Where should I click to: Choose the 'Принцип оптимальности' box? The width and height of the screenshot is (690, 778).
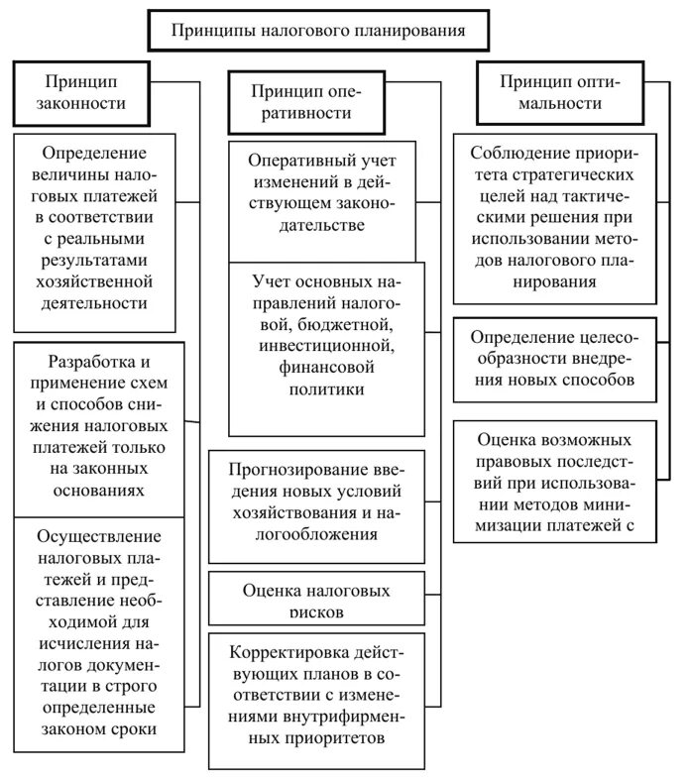560,92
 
